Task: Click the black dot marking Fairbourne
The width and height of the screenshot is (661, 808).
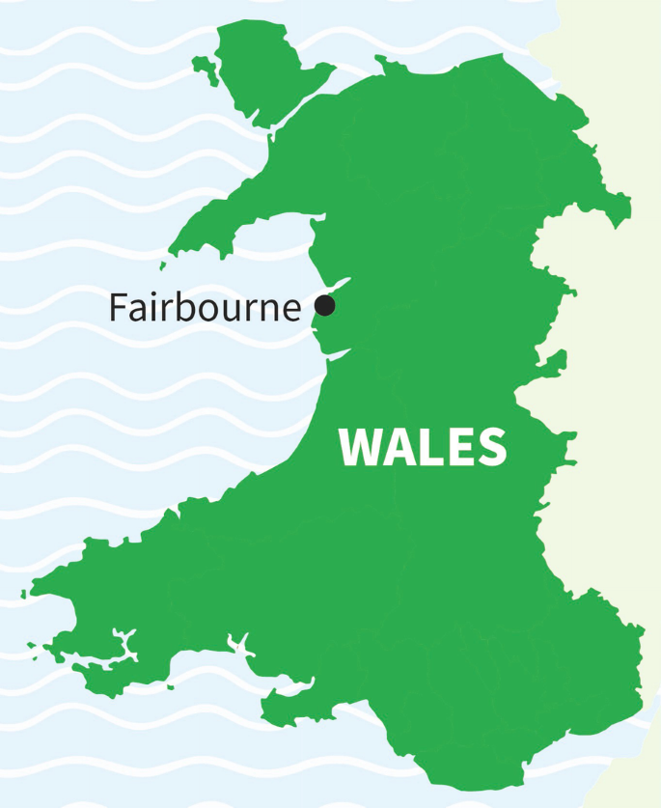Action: click(x=325, y=306)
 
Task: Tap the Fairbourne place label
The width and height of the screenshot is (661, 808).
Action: click(x=205, y=308)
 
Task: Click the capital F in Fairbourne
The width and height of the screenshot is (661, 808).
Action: click(x=118, y=308)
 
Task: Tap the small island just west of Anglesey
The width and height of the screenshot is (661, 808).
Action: click(x=205, y=68)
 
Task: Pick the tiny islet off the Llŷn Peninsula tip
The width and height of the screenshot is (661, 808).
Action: click(x=162, y=265)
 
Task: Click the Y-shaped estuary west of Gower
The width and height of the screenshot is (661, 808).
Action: click(x=239, y=645)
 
